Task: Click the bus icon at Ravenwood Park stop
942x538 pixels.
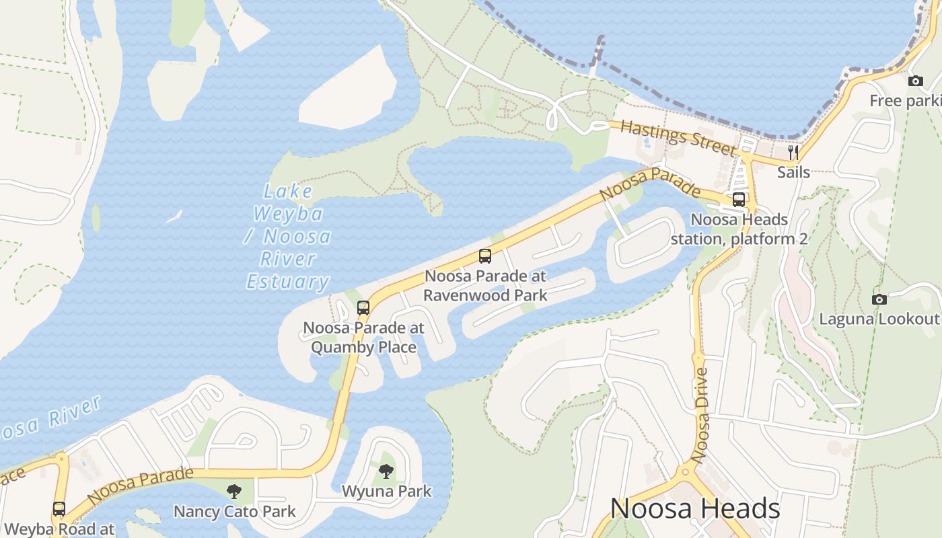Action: click(485, 256)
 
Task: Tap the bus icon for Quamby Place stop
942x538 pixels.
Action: click(363, 308)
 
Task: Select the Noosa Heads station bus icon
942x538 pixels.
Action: click(739, 200)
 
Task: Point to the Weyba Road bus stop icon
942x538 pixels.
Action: click(59, 509)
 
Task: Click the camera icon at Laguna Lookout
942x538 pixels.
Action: click(879, 299)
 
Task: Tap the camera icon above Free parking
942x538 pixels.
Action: click(916, 81)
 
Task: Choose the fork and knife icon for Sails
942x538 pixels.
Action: click(793, 152)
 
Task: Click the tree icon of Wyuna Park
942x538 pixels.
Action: click(386, 471)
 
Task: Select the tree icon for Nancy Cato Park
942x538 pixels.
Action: click(233, 491)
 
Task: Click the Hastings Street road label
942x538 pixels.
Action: click(678, 137)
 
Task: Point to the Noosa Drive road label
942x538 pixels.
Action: click(701, 415)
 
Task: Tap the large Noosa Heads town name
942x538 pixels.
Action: click(695, 508)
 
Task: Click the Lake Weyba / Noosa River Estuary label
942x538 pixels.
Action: click(289, 237)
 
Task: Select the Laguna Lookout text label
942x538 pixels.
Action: click(878, 319)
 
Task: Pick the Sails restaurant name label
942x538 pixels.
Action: click(794, 172)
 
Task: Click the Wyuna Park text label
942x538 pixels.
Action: click(387, 491)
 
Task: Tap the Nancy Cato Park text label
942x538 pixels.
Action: click(235, 511)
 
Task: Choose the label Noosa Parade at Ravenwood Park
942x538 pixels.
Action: click(485, 285)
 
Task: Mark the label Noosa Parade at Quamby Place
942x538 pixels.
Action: click(363, 338)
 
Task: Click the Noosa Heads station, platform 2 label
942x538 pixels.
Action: click(739, 229)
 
